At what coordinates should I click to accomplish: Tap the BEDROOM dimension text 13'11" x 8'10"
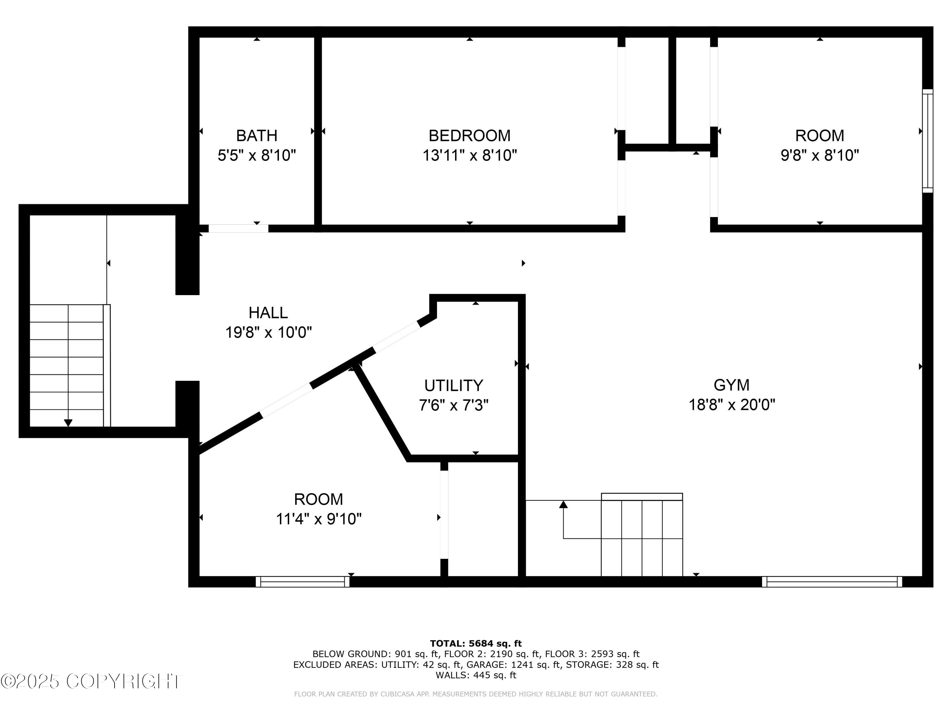click(x=470, y=155)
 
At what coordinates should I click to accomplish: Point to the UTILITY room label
click(x=453, y=385)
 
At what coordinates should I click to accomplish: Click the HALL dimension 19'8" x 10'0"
click(x=268, y=332)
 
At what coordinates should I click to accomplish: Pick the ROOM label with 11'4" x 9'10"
click(x=319, y=499)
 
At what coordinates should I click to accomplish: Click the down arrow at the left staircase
click(x=68, y=423)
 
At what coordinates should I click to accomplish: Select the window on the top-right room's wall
click(x=928, y=141)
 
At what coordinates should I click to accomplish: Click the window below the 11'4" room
click(x=302, y=582)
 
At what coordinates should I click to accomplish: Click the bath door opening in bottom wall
click(x=238, y=228)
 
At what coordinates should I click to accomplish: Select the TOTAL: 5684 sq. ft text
click(x=476, y=644)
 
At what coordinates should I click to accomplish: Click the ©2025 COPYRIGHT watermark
click(x=91, y=681)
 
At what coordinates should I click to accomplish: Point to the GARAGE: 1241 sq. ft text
click(x=513, y=664)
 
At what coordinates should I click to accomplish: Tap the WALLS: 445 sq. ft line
click(x=476, y=675)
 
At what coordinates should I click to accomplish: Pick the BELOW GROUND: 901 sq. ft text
click(x=376, y=654)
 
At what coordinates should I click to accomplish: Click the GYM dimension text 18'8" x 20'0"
click(x=732, y=405)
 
